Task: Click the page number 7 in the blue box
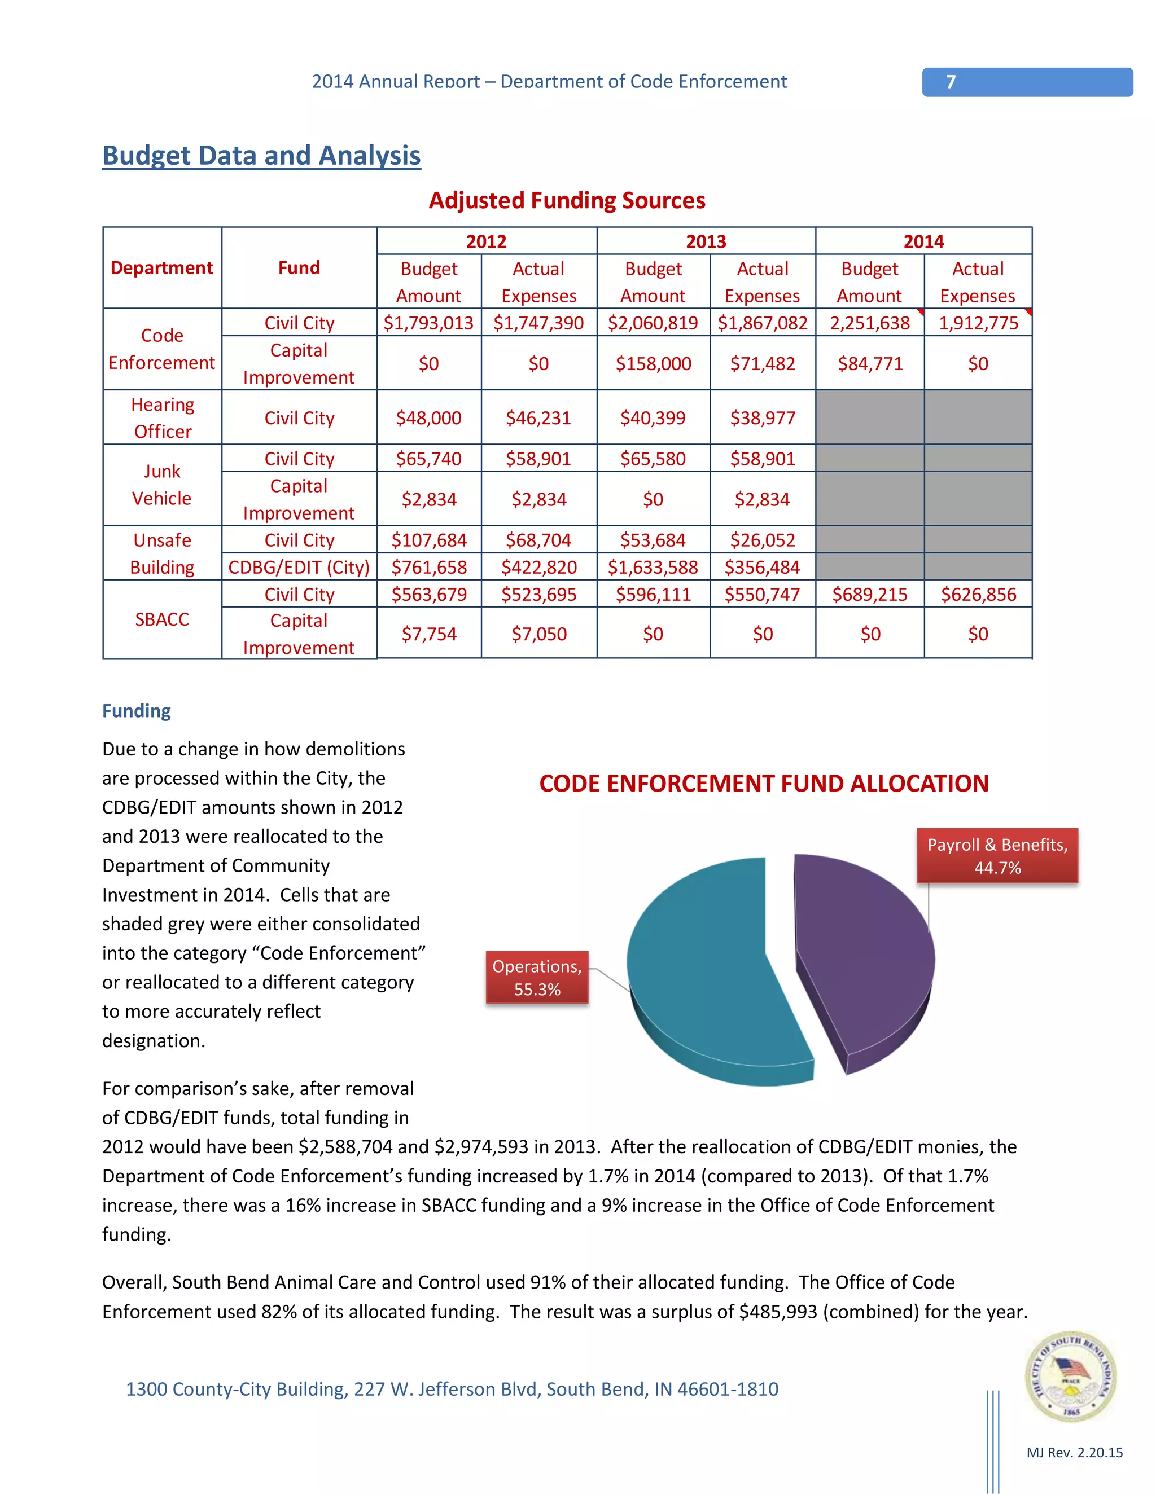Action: click(x=951, y=82)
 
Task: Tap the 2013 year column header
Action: click(x=706, y=241)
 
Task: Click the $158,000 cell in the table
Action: click(x=653, y=363)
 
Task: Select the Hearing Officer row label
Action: click(x=163, y=417)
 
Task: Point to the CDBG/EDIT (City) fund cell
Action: click(x=299, y=568)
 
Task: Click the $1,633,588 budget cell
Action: click(x=653, y=568)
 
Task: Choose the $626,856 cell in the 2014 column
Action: click(x=978, y=594)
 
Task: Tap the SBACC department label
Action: click(x=163, y=619)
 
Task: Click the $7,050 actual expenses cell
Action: click(x=538, y=634)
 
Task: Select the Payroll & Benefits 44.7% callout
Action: click(x=997, y=856)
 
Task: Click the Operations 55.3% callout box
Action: click(x=537, y=978)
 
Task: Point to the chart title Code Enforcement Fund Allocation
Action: click(x=763, y=784)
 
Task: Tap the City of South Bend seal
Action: click(x=1070, y=1376)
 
